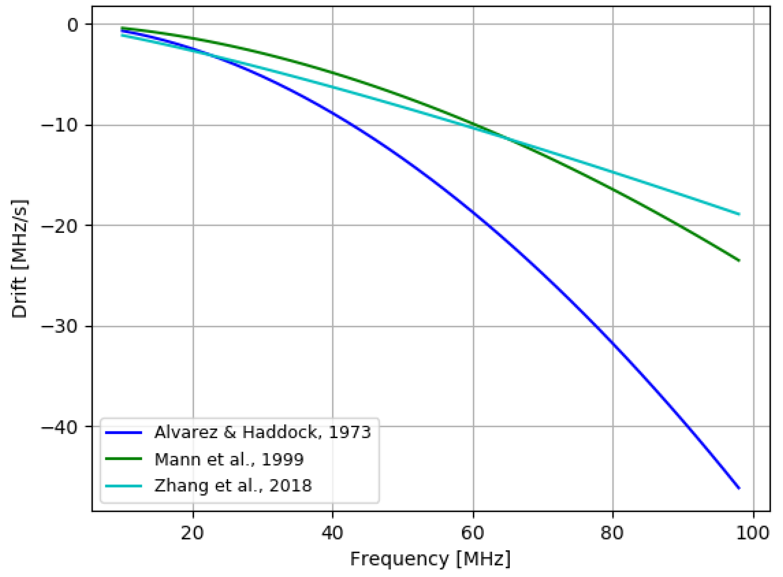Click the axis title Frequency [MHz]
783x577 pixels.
[x=430, y=559]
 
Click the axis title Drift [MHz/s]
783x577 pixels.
[x=19, y=259]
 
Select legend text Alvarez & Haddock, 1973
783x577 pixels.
[x=262, y=432]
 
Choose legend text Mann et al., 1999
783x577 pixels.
[x=229, y=459]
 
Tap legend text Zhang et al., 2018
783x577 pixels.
[x=233, y=486]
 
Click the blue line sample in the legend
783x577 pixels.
[x=123, y=433]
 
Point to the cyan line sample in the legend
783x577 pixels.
[x=123, y=486]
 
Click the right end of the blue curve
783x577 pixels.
[x=739, y=488]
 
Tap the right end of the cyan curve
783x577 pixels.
[x=739, y=214]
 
